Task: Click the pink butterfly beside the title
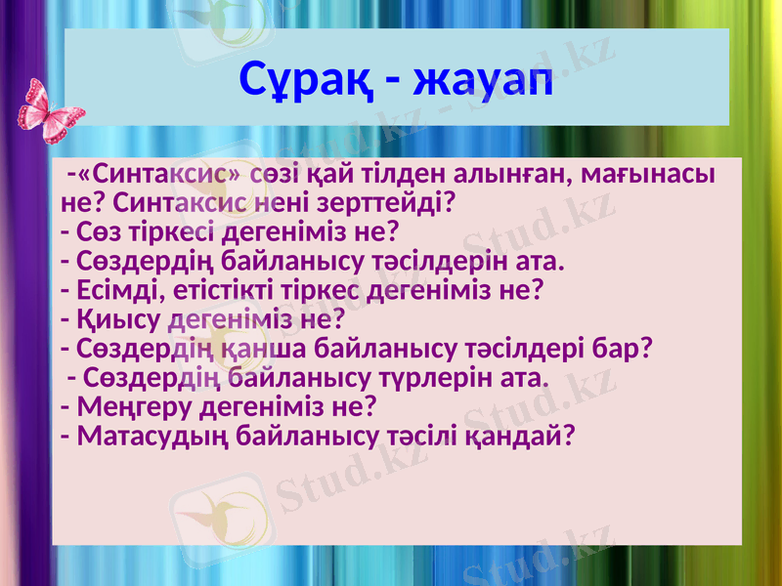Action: tap(49, 110)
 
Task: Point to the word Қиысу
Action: tap(117, 318)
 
